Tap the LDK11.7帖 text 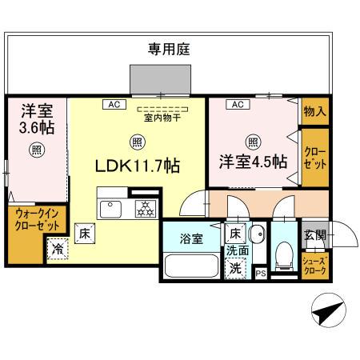click(137, 166)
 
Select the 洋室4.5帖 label click(254, 161)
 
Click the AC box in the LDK click(113, 104)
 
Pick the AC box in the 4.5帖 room click(237, 104)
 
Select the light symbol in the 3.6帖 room click(36, 148)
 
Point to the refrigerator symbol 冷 click(58, 249)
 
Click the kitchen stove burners click(146, 210)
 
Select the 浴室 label click(190, 238)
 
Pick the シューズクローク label click(314, 265)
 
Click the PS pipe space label click(260, 274)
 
